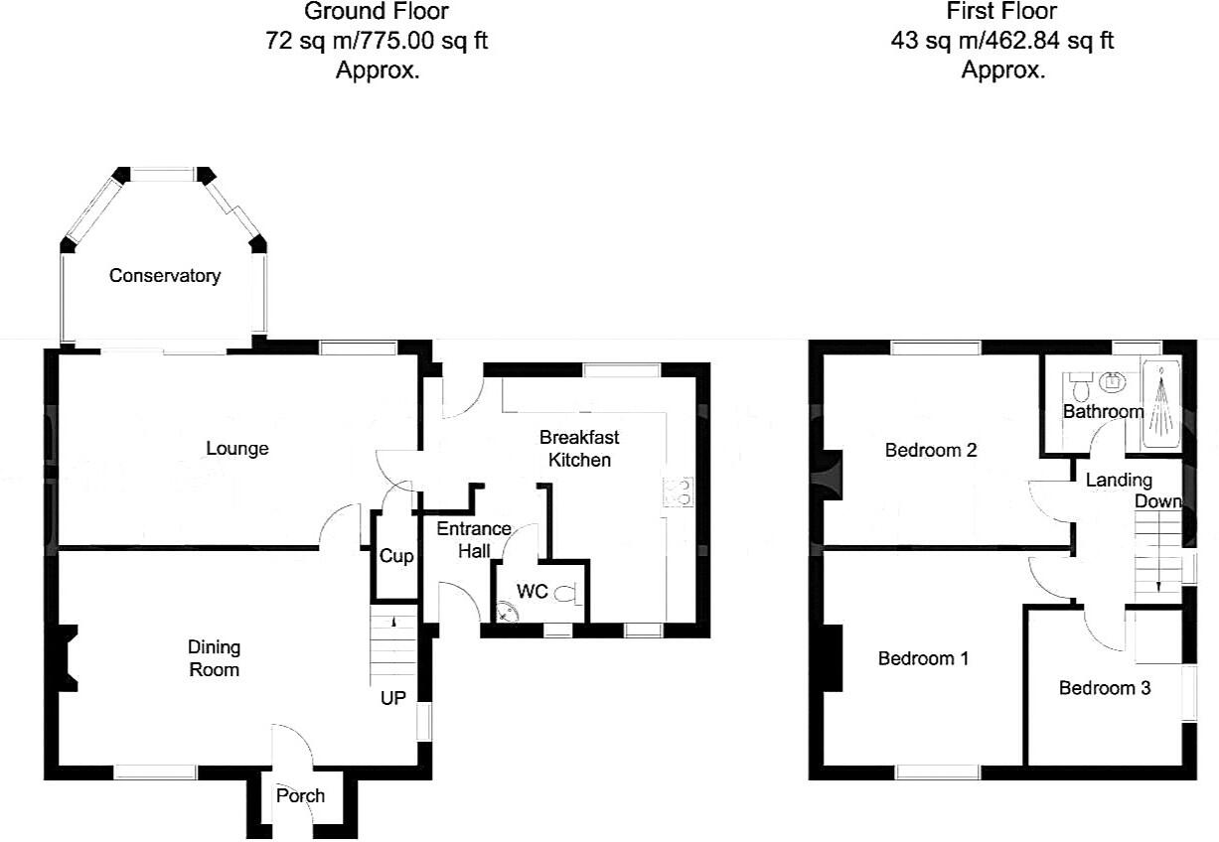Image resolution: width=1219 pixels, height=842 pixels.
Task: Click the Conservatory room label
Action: pyautogui.click(x=164, y=275)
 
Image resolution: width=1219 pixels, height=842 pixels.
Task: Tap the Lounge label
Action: pyautogui.click(x=237, y=448)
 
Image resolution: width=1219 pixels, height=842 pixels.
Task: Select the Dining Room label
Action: pyautogui.click(x=215, y=658)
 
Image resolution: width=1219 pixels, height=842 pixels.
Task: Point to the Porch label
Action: pyautogui.click(x=300, y=795)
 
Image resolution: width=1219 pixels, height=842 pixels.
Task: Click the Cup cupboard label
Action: pyautogui.click(x=396, y=556)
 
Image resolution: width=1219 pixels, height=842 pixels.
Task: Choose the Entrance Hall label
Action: pyautogui.click(x=474, y=539)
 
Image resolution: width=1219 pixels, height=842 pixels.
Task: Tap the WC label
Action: pyautogui.click(x=533, y=592)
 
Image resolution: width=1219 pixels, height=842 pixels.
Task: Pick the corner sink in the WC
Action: pyautogui.click(x=506, y=611)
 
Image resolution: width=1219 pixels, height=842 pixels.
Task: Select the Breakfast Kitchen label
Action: pyautogui.click(x=579, y=448)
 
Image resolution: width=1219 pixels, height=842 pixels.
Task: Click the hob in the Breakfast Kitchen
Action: pyautogui.click(x=682, y=491)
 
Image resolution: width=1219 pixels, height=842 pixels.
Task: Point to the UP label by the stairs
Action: pyautogui.click(x=393, y=698)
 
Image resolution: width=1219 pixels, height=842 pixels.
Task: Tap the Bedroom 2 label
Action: pyautogui.click(x=931, y=450)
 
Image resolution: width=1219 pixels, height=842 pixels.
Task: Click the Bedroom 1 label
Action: pyautogui.click(x=923, y=658)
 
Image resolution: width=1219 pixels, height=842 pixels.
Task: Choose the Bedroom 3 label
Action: pyautogui.click(x=1105, y=687)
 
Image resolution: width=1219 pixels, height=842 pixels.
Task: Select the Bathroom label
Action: pyautogui.click(x=1103, y=411)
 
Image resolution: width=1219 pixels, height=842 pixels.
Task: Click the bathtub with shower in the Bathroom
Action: pyautogui.click(x=1159, y=407)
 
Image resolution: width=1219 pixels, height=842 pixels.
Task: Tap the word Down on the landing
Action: pyautogui.click(x=1158, y=501)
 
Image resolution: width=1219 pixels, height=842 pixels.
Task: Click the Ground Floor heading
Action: pyautogui.click(x=377, y=12)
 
